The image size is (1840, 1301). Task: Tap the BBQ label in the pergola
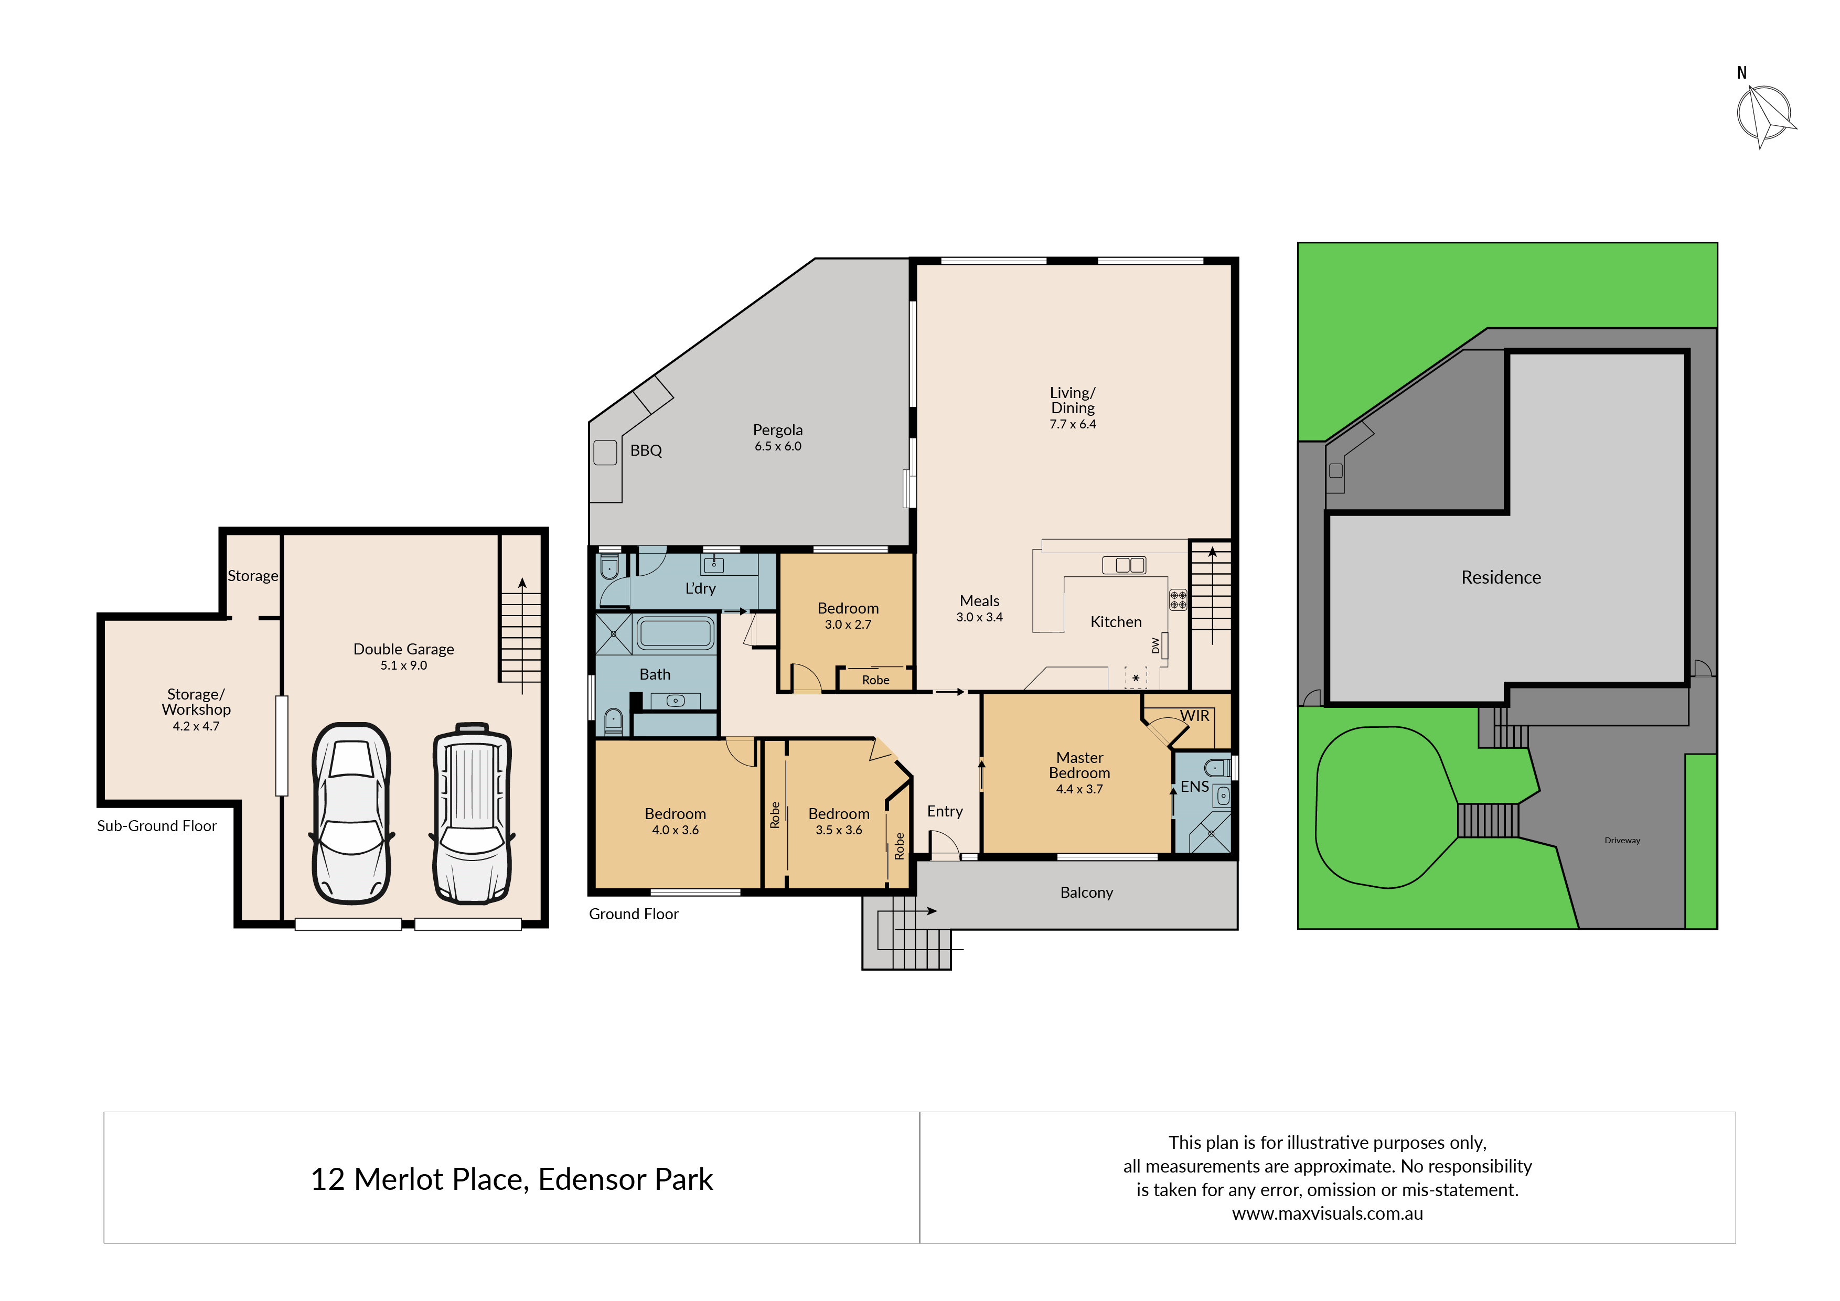pos(646,450)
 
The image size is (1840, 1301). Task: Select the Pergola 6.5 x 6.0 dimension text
pos(777,446)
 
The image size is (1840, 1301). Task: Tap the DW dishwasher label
pos(1156,645)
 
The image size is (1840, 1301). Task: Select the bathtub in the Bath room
pos(676,633)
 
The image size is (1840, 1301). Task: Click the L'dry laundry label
pos(700,588)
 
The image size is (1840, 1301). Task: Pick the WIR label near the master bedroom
pos(1194,715)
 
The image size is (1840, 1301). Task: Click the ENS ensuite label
pos(1194,787)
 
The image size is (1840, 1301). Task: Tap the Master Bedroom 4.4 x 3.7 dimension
pos(1079,789)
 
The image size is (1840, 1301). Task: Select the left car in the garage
pos(351,813)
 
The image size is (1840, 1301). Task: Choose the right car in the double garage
pos(472,813)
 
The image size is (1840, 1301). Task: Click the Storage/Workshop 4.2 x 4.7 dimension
pos(196,726)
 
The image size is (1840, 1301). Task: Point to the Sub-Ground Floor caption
pos(157,826)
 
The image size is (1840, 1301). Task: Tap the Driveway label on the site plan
pos(1622,841)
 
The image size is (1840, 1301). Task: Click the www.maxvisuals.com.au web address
pos(1327,1213)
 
